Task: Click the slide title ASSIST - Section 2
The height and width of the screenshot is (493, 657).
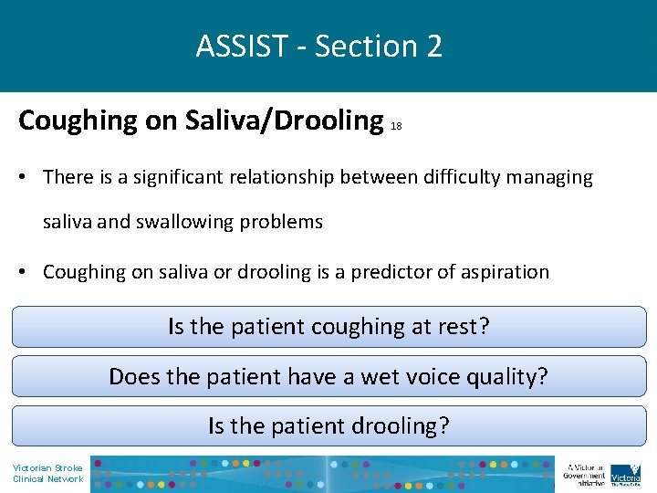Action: [319, 46]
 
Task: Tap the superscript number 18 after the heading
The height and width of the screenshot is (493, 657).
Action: [396, 128]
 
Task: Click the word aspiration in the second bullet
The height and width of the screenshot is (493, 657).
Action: [508, 272]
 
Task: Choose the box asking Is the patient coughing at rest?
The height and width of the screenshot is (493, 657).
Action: [328, 327]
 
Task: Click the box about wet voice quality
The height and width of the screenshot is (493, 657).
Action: [328, 376]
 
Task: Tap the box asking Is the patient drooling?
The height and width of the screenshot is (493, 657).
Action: [328, 425]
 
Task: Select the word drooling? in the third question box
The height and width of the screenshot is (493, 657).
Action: [403, 426]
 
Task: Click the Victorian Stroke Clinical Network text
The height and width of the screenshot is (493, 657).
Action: [47, 474]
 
